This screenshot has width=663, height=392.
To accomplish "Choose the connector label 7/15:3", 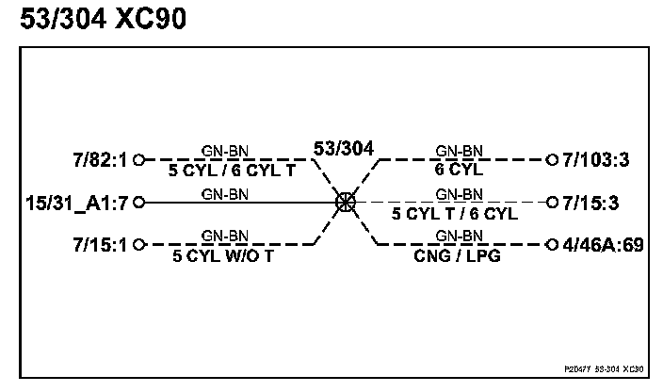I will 596,202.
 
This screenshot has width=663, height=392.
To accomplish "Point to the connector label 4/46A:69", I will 603,245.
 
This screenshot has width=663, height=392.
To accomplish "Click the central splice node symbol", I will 346,202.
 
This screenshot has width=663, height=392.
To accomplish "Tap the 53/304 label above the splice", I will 343,148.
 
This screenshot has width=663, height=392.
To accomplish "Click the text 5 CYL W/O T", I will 225,255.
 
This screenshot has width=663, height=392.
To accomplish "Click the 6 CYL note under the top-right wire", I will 460,171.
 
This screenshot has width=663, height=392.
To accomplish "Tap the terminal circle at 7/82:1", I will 139,159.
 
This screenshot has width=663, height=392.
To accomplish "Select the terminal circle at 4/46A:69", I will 552,245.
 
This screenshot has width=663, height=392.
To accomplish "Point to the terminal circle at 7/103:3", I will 552,159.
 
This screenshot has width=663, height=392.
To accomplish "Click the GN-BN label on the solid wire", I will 225,194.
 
